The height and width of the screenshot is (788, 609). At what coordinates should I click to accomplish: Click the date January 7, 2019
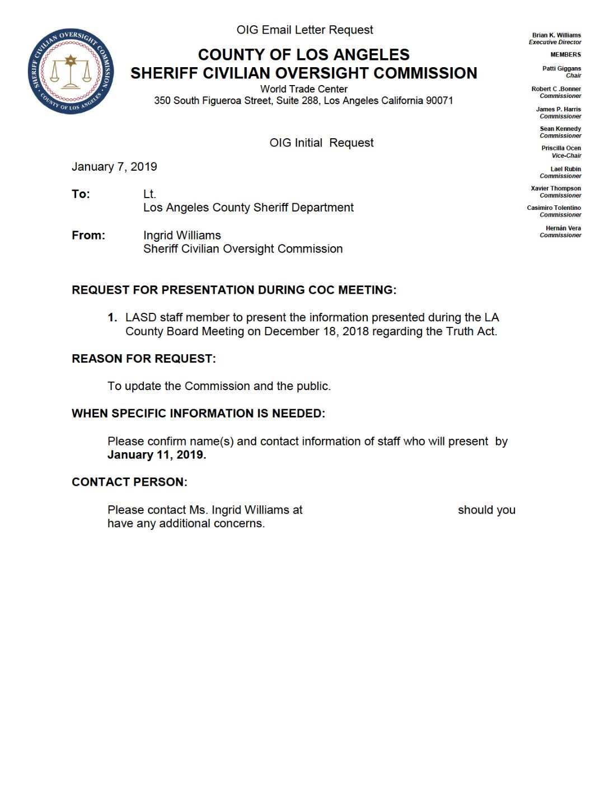click(x=114, y=167)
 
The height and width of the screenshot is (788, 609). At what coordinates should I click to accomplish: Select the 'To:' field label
click(x=81, y=194)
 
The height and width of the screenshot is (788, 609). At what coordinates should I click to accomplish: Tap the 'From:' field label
click(x=88, y=236)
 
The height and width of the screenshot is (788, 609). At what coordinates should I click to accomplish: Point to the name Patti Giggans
click(x=561, y=68)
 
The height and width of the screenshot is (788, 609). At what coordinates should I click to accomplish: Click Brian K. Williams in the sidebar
click(x=556, y=35)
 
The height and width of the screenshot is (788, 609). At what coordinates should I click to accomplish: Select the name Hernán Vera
click(x=563, y=228)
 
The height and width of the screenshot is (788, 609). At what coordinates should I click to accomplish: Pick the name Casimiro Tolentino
click(x=554, y=208)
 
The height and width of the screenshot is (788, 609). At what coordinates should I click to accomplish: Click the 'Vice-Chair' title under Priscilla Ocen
click(x=566, y=156)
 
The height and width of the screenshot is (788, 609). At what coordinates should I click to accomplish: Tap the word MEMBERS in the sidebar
click(x=565, y=54)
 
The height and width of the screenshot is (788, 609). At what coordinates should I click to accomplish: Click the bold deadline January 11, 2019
click(x=157, y=455)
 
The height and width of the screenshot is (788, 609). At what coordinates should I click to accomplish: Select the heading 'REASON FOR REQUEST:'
click(x=144, y=359)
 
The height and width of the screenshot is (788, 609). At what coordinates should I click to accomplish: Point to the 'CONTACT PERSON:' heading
click(x=129, y=482)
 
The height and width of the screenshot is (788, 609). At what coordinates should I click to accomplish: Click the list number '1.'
click(x=113, y=318)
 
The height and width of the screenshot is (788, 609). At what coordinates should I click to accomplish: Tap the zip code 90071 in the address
click(x=439, y=101)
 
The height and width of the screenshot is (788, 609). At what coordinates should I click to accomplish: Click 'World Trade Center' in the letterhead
click(x=303, y=89)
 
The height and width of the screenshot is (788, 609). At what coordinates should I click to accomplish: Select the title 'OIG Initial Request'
click(x=321, y=143)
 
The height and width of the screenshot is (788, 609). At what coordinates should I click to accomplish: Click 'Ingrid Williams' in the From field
click(x=182, y=236)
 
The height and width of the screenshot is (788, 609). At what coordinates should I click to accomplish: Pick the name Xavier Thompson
click(x=556, y=189)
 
